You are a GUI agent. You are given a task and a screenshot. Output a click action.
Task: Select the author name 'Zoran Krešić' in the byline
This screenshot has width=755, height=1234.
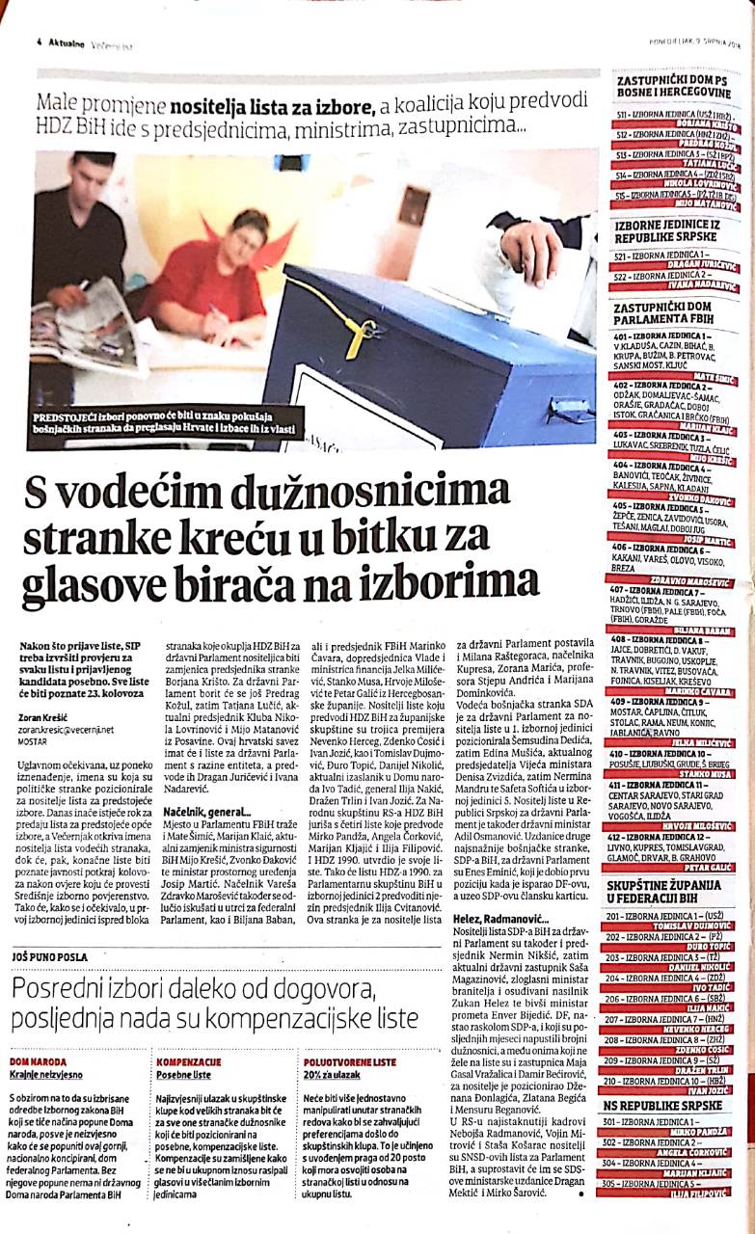43,717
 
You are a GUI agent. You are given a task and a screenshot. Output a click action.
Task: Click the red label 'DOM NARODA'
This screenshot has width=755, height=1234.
35,1060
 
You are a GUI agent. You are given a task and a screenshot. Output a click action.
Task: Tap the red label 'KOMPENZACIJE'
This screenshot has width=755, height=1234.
188,1060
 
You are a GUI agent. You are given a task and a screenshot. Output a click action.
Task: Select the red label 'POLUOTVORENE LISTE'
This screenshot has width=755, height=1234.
349,1060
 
